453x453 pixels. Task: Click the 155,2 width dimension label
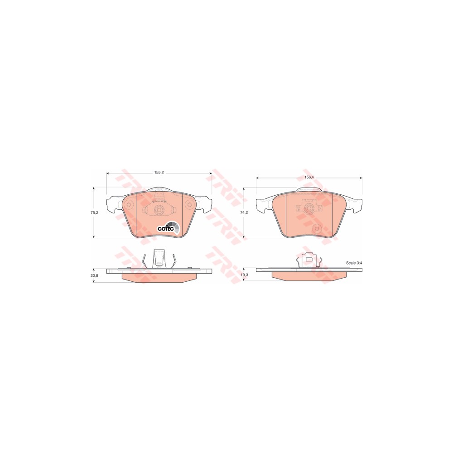click(x=159, y=173)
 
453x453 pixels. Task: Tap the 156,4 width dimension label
click(x=309, y=177)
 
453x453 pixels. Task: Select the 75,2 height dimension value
click(x=95, y=212)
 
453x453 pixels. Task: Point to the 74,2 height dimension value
click(x=245, y=212)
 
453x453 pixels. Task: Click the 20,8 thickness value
click(x=95, y=275)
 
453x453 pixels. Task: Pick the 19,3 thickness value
click(x=245, y=275)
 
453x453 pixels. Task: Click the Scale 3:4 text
click(x=354, y=263)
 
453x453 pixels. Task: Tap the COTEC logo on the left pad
click(x=169, y=228)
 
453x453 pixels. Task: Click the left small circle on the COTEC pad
click(x=129, y=205)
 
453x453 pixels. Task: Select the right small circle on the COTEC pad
click(x=189, y=205)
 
